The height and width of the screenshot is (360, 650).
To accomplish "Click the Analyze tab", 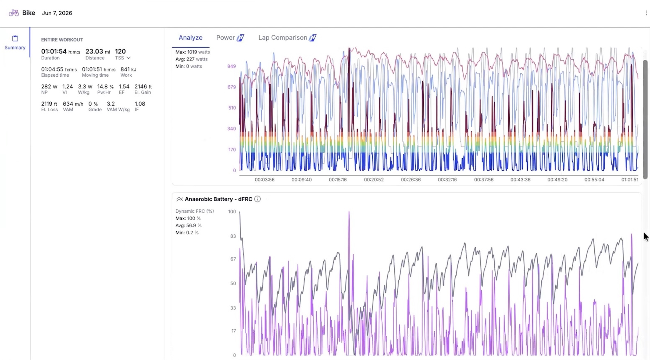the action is (190, 38).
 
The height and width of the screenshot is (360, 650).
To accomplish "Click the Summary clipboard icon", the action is (15, 38).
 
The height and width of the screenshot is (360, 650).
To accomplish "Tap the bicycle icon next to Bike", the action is (14, 13).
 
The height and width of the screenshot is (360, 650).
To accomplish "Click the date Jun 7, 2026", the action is (57, 13).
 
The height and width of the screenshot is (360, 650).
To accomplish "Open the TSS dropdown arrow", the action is (128, 58).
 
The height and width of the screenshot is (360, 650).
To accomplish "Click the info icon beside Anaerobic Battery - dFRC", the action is (257, 199).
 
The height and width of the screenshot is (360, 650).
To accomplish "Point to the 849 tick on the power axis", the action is (231, 66).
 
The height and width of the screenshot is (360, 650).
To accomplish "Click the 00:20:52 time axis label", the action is (374, 180).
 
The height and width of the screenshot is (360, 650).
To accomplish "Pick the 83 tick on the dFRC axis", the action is (233, 236).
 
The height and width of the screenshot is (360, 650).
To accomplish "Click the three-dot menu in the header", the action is (646, 13).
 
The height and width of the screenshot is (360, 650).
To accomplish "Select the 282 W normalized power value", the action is (49, 87).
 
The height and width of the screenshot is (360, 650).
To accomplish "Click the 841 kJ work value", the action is (128, 69).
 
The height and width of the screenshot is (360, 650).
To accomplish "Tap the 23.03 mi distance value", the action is (98, 51).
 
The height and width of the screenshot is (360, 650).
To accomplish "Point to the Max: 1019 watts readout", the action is (192, 52).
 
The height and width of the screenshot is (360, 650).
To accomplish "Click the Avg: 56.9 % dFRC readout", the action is (188, 225).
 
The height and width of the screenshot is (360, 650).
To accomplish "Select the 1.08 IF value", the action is (140, 104).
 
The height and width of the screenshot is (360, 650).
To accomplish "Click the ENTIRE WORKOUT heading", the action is (62, 40).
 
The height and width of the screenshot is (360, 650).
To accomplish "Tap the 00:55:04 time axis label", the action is (594, 180).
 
